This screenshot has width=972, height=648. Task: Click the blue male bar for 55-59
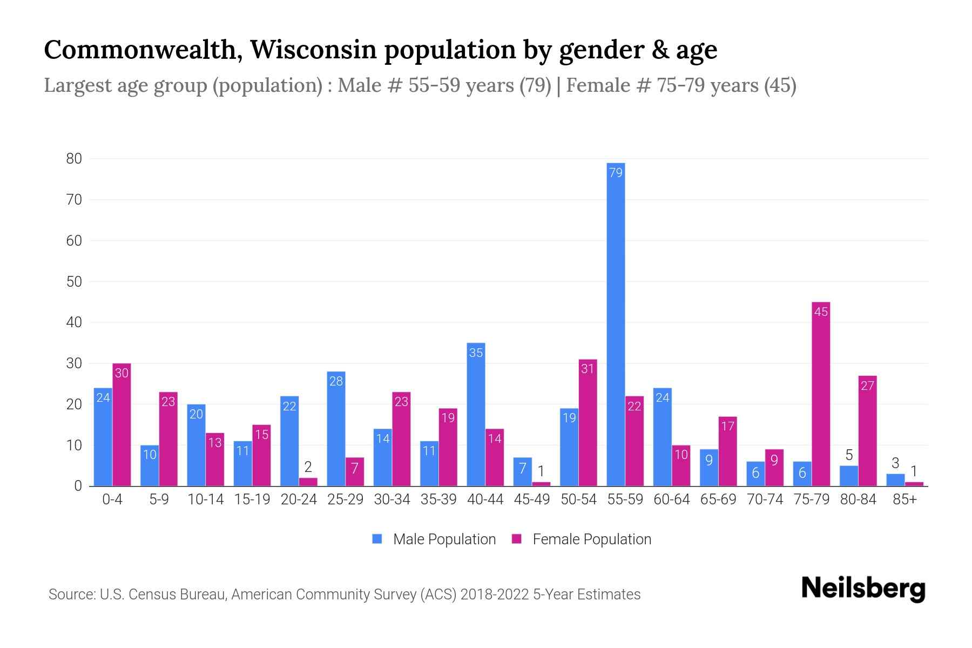(x=616, y=324)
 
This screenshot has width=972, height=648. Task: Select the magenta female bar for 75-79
(x=820, y=394)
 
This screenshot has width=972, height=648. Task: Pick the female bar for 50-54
(x=588, y=424)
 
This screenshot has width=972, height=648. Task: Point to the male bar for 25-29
(x=336, y=429)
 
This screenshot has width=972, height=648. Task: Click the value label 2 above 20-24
(x=308, y=467)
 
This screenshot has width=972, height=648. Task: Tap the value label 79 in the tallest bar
(x=616, y=173)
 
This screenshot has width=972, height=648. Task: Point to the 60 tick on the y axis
(x=74, y=241)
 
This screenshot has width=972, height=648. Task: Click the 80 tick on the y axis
(x=74, y=159)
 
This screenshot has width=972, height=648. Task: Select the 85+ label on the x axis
(x=905, y=500)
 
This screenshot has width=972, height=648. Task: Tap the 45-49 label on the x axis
(x=531, y=500)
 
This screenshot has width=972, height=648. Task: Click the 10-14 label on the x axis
(x=205, y=500)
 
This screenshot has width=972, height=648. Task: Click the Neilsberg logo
(x=863, y=589)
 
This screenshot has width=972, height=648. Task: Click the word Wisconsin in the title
(x=313, y=50)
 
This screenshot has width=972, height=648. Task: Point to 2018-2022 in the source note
(x=494, y=595)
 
